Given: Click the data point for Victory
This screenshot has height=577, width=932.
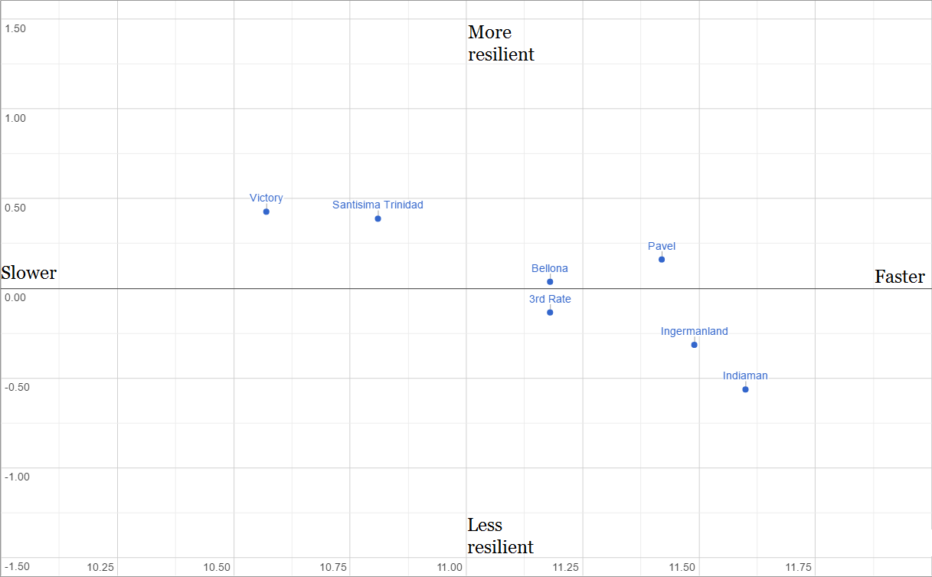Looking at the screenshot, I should coord(267,211).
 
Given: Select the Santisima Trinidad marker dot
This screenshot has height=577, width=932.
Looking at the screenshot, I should coord(378,218).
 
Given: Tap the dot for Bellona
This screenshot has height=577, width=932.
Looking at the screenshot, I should coord(550,282).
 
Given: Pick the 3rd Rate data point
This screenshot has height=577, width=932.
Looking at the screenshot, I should coord(550,312).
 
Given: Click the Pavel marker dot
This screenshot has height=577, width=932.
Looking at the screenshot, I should coord(662,259).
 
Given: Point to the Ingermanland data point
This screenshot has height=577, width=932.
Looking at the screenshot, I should coord(695,345).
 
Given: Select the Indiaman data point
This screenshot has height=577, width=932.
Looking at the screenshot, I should coord(745,389).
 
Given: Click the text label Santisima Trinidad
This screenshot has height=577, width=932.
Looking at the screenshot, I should coord(378,205).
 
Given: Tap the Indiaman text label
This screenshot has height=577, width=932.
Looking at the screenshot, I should coord(745,375).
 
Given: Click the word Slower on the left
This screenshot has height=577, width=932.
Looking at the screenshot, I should coord(29,273).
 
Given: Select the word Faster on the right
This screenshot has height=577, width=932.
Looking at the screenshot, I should coord(900,277).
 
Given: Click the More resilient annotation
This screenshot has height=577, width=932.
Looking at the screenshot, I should coord(501,44).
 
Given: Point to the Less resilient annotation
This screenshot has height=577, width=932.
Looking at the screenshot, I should coord(500,536).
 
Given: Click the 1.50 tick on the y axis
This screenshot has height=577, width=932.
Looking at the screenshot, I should coord(15,28).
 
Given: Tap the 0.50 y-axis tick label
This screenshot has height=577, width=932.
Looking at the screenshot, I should coord(15,208).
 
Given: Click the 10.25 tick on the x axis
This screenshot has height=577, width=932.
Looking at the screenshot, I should coord(100,568).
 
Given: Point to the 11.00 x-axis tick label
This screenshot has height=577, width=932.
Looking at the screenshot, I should coord(450,568).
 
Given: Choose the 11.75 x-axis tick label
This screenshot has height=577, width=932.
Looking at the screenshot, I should coord(798,568).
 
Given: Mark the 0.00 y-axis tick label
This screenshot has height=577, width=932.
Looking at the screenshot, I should coord(15,297).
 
